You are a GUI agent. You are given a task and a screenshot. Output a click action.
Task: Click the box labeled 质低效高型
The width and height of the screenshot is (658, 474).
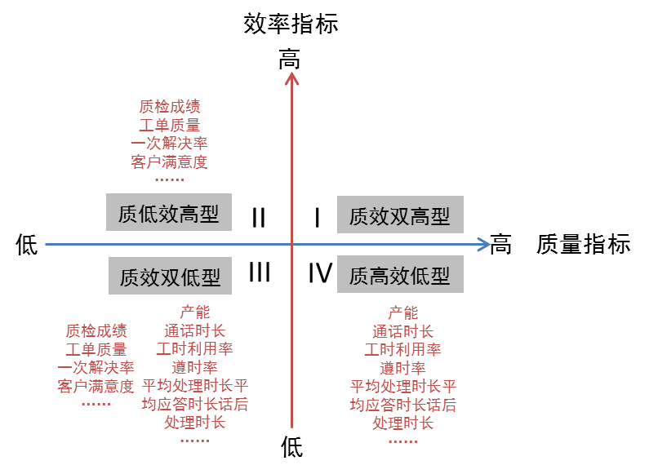169,213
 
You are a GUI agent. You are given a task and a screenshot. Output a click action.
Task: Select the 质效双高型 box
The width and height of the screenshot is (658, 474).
399,215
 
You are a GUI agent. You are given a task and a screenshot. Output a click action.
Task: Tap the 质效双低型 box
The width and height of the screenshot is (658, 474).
170,277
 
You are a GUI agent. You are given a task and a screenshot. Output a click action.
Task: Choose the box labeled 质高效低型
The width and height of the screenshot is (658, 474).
399,276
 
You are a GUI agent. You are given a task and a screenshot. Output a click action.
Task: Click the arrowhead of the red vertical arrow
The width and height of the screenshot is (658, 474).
291,78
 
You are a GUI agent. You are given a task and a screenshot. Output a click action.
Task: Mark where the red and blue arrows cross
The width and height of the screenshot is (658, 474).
291,244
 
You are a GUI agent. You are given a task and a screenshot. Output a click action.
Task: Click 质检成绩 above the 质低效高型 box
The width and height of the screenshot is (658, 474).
169,107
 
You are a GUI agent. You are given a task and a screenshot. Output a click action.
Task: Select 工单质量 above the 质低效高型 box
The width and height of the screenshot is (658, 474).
169,125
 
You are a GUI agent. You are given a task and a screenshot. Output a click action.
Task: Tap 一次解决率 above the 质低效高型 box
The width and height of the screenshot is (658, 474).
169,143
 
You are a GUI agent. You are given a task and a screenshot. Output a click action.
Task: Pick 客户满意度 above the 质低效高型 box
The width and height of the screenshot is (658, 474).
169,161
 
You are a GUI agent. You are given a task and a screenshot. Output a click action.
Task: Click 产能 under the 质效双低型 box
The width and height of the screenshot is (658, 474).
195,312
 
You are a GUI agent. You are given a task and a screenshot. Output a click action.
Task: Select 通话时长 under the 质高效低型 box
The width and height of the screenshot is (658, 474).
402,331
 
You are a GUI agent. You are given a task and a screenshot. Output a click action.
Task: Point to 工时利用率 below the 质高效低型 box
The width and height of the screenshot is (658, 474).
402,349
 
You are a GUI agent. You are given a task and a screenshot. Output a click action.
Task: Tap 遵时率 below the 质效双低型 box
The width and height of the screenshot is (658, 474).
195,367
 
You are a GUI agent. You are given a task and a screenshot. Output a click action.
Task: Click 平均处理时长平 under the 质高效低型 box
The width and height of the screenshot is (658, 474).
402,386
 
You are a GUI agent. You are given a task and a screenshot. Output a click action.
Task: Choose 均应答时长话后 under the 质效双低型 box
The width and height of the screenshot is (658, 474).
195,404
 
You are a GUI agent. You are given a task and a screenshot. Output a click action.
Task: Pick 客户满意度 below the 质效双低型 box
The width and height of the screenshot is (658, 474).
96,386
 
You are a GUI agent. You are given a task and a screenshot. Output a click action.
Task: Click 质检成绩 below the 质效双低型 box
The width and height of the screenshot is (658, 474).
96,330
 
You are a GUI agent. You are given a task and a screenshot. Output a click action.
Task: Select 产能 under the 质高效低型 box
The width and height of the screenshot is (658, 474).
402,312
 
